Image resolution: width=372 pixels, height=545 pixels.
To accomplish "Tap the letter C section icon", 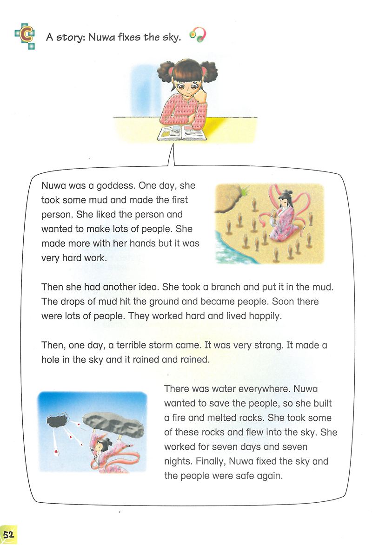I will (x=24, y=37).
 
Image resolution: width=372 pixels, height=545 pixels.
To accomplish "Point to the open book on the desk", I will (x=181, y=133).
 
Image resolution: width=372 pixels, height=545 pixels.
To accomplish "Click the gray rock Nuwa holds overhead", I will (x=112, y=422).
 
